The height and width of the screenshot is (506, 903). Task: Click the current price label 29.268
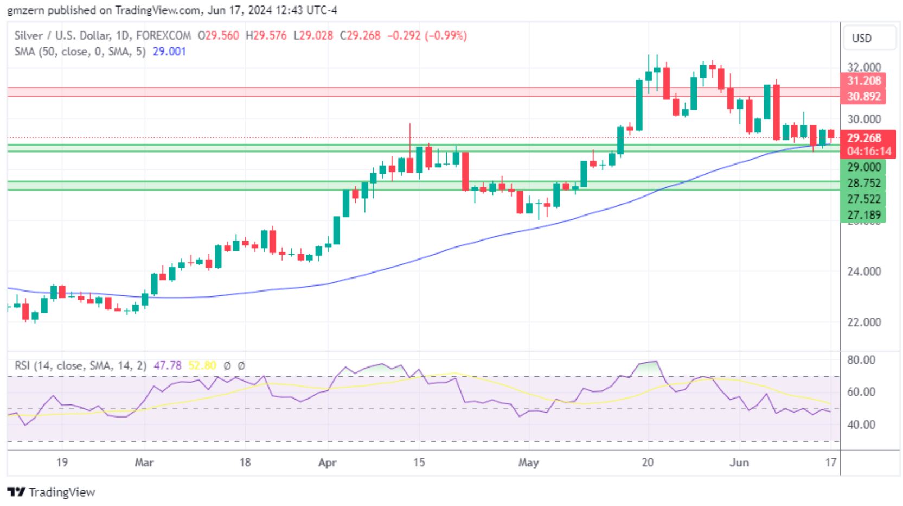tap(864, 138)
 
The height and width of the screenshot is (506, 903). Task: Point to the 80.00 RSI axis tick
tap(861, 360)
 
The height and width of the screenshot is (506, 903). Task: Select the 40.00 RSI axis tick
tap(861, 425)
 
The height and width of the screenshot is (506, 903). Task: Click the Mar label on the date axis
tap(144, 463)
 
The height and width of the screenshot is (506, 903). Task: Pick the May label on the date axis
tap(528, 463)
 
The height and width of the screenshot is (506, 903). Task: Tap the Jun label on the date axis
tap(739, 463)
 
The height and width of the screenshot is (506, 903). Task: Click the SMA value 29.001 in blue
tap(169, 52)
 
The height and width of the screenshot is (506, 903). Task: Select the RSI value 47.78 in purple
tap(168, 366)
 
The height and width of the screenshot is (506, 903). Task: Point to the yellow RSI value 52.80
tap(202, 366)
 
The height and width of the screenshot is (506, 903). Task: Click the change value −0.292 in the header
tap(403, 36)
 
